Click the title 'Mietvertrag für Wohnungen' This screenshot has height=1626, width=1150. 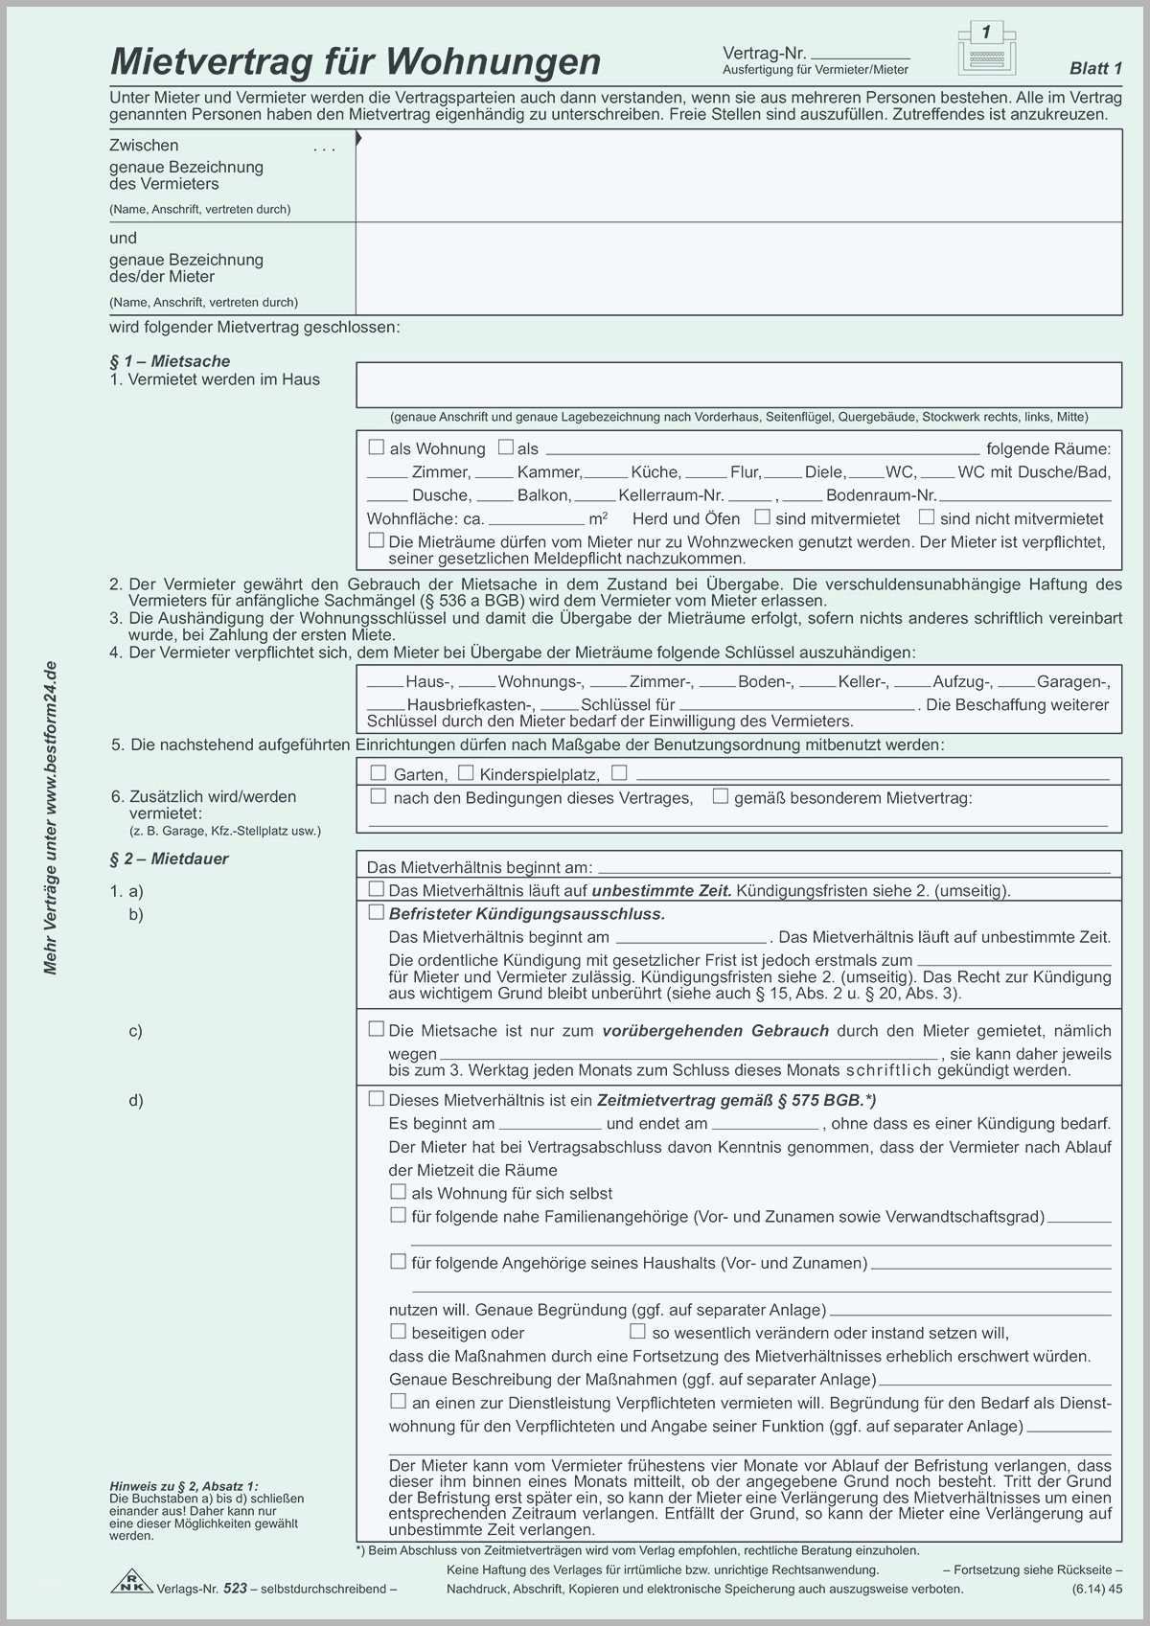point(356,61)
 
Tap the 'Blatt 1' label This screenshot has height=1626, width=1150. point(1095,68)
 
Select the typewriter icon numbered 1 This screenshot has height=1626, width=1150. point(986,48)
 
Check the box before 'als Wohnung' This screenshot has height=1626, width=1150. point(377,447)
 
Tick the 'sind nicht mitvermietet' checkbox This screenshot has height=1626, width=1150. point(927,517)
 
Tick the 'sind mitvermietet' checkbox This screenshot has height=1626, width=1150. point(762,517)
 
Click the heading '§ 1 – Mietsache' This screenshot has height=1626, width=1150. point(170,361)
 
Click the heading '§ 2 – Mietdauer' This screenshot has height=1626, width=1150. point(169,859)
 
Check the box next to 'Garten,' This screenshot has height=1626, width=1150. point(379,773)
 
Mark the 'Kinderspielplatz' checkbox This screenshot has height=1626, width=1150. point(466,773)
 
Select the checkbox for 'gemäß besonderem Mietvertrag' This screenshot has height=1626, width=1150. point(721,796)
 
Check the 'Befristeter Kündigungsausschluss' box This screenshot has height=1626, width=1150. point(377,912)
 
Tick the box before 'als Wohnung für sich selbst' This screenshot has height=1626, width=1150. point(398,1192)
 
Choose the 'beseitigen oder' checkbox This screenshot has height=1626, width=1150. point(398,1331)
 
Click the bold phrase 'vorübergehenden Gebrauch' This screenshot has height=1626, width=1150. point(715,1031)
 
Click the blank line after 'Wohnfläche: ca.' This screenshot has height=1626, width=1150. point(536,519)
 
